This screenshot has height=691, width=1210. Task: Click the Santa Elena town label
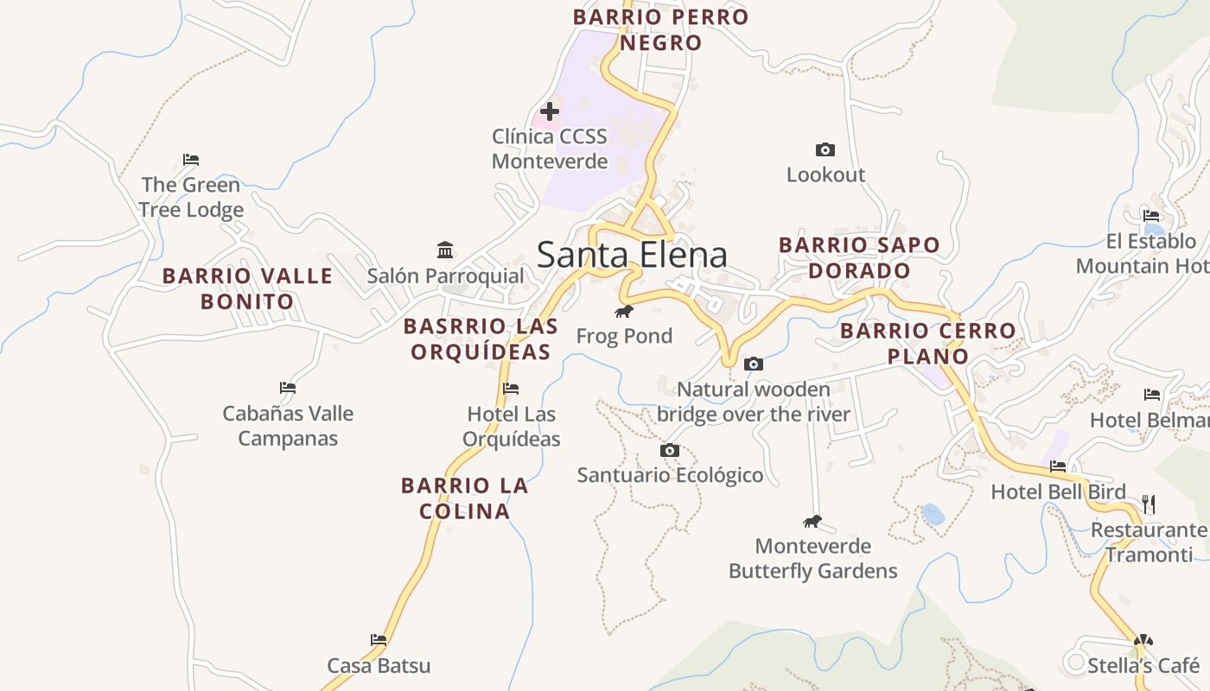(632, 255)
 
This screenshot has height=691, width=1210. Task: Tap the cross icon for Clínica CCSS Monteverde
(549, 111)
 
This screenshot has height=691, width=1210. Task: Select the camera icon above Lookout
(825, 150)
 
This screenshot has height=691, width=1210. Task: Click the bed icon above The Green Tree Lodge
(191, 160)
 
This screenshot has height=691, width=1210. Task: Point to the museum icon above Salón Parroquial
(445, 250)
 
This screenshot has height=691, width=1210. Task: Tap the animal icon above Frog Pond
(624, 311)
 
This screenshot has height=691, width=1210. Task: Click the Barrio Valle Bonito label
(248, 288)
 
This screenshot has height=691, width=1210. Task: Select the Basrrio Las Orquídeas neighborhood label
(481, 339)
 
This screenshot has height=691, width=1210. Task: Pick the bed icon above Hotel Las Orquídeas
(511, 389)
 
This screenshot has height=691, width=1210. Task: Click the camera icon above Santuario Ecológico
(670, 450)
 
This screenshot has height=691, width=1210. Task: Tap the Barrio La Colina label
(465, 498)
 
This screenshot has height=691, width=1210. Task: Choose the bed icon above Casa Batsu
(379, 640)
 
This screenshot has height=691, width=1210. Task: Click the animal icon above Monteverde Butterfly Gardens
(812, 521)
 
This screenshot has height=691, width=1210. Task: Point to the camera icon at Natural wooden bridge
(754, 365)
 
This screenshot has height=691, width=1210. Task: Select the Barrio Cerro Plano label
(928, 343)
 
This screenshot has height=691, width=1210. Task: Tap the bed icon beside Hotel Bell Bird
(1058, 466)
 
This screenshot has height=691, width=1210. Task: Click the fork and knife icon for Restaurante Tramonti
(1149, 504)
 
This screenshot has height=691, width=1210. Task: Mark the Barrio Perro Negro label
(661, 29)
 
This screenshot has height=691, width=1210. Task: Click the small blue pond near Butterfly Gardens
(933, 515)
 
